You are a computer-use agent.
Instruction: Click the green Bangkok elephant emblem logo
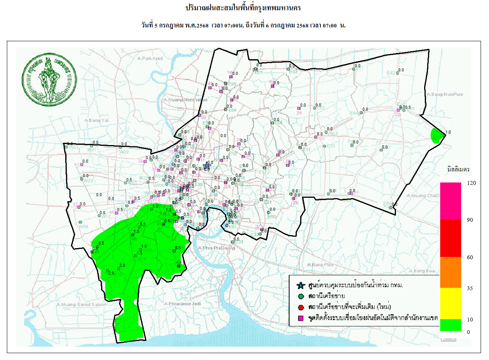[49, 81]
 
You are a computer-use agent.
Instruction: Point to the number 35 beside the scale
[470, 288]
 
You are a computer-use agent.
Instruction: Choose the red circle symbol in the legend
[301, 307]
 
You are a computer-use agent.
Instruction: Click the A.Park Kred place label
[150, 58]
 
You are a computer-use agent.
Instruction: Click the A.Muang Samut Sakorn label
[76, 305]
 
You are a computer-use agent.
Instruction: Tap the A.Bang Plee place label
[320, 265]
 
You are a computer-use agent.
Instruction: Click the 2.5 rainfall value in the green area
[111, 273]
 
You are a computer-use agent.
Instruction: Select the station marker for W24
[80, 222]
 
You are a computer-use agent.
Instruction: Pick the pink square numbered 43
[81, 164]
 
